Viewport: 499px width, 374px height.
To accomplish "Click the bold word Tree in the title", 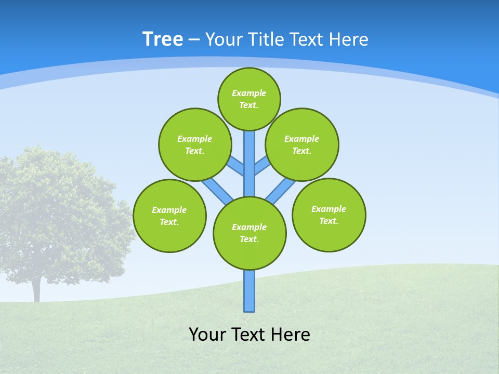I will coord(163,39).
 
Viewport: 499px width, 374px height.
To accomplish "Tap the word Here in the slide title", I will coord(349,39).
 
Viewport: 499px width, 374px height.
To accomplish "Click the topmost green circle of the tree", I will coord(249,99).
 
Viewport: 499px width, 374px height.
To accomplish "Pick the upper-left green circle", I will coord(195,144).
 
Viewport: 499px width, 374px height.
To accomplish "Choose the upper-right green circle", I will coord(302,144).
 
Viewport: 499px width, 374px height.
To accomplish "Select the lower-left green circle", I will coord(169,216).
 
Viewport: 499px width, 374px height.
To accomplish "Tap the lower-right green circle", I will coord(329,215).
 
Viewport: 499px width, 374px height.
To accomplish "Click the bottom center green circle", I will coord(249,233).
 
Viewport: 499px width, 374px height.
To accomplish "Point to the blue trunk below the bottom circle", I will coord(249,291).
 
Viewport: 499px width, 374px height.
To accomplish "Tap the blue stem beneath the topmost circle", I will coord(249,161).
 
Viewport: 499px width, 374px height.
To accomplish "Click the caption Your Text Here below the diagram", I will coord(249,335).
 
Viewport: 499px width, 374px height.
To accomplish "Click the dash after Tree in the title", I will coord(194,39).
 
